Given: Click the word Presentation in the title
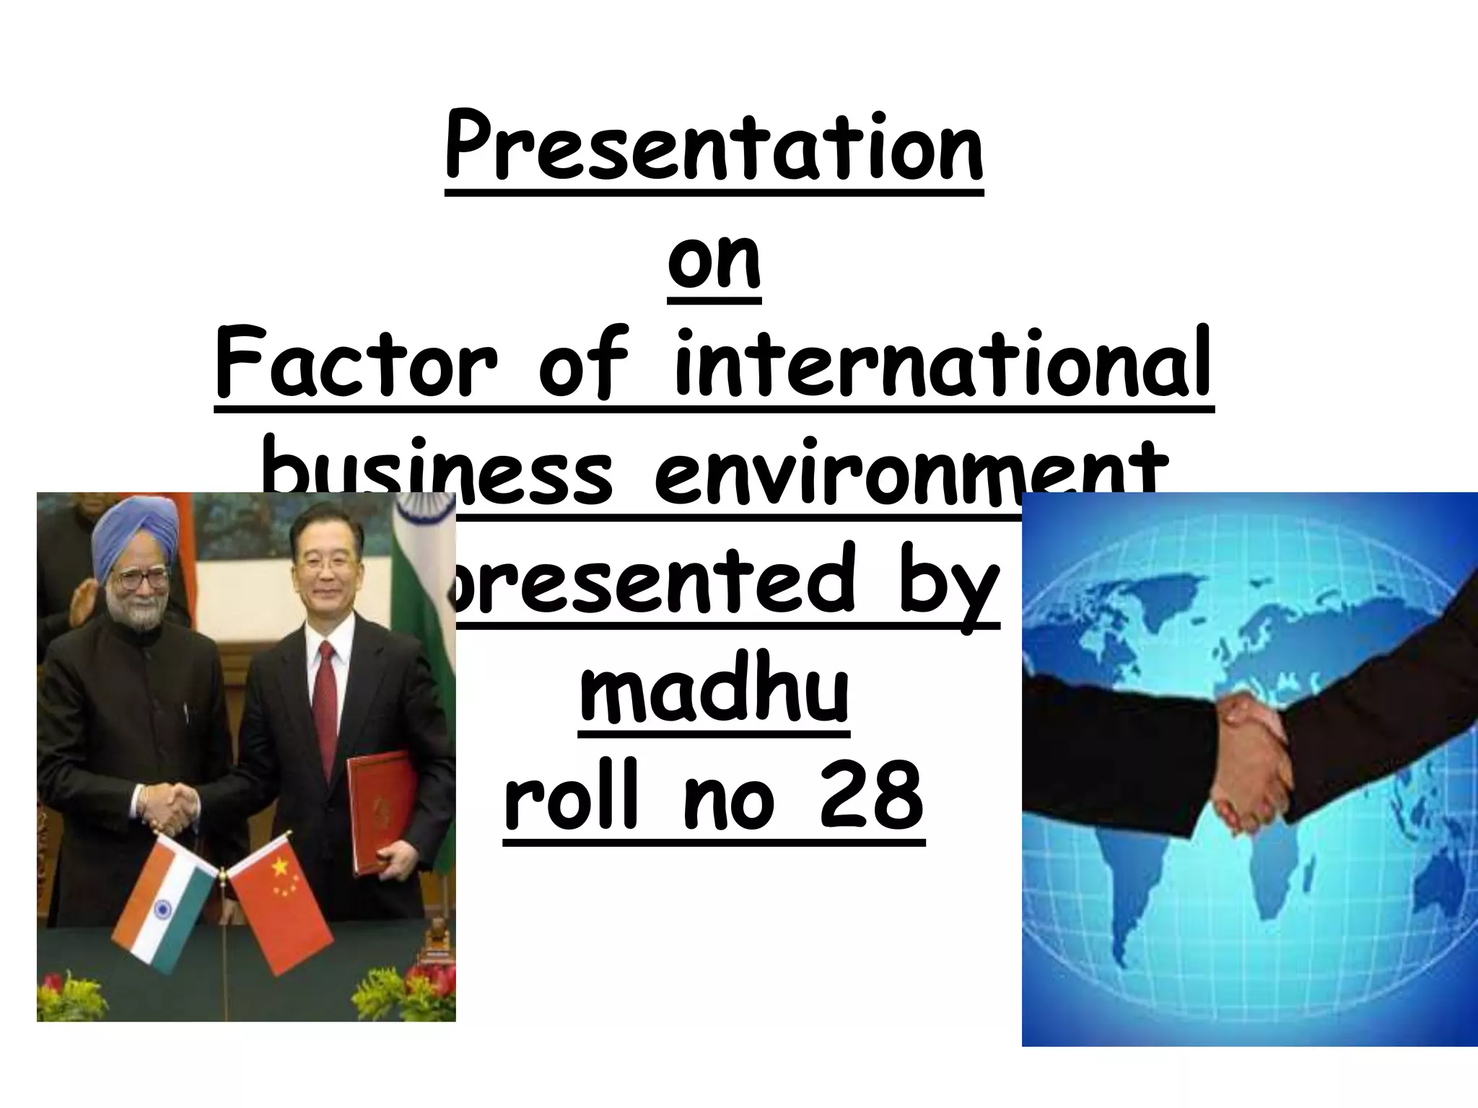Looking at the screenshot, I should [714, 148].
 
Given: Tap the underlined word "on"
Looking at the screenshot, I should [714, 260].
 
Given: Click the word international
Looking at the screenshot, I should [943, 364].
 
